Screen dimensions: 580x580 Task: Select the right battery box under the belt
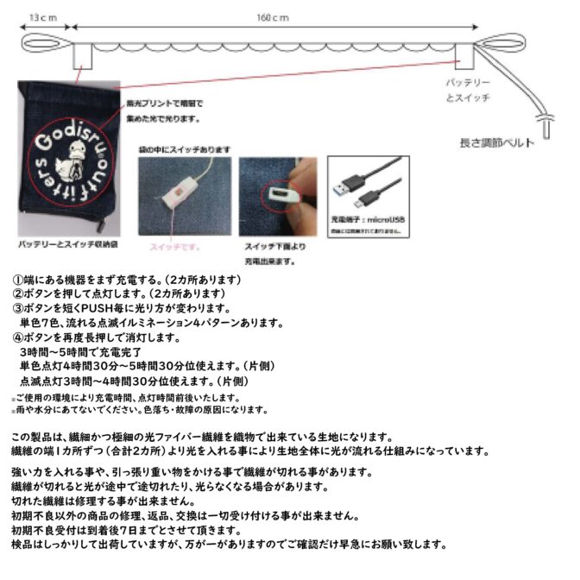[466, 54]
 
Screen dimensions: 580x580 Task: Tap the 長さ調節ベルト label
[496, 142]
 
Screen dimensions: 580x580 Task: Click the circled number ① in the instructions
[16, 281]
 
